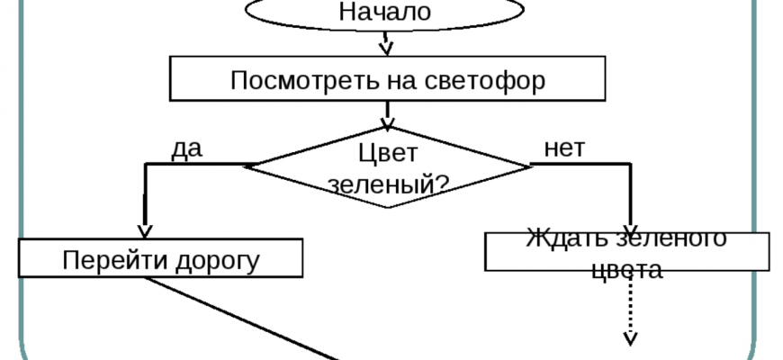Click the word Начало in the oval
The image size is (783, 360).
pos(385,13)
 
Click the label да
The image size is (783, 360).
pos(186,149)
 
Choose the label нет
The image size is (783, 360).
pos(564,148)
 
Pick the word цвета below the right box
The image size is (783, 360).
pos(627,270)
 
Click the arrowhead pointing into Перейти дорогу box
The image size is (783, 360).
pos(143,231)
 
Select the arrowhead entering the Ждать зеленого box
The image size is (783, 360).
pos(630,226)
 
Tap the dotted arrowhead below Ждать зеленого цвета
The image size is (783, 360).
pos(630,337)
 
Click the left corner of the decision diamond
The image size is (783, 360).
pos(249,166)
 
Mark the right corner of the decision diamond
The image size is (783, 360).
pos(528,166)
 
